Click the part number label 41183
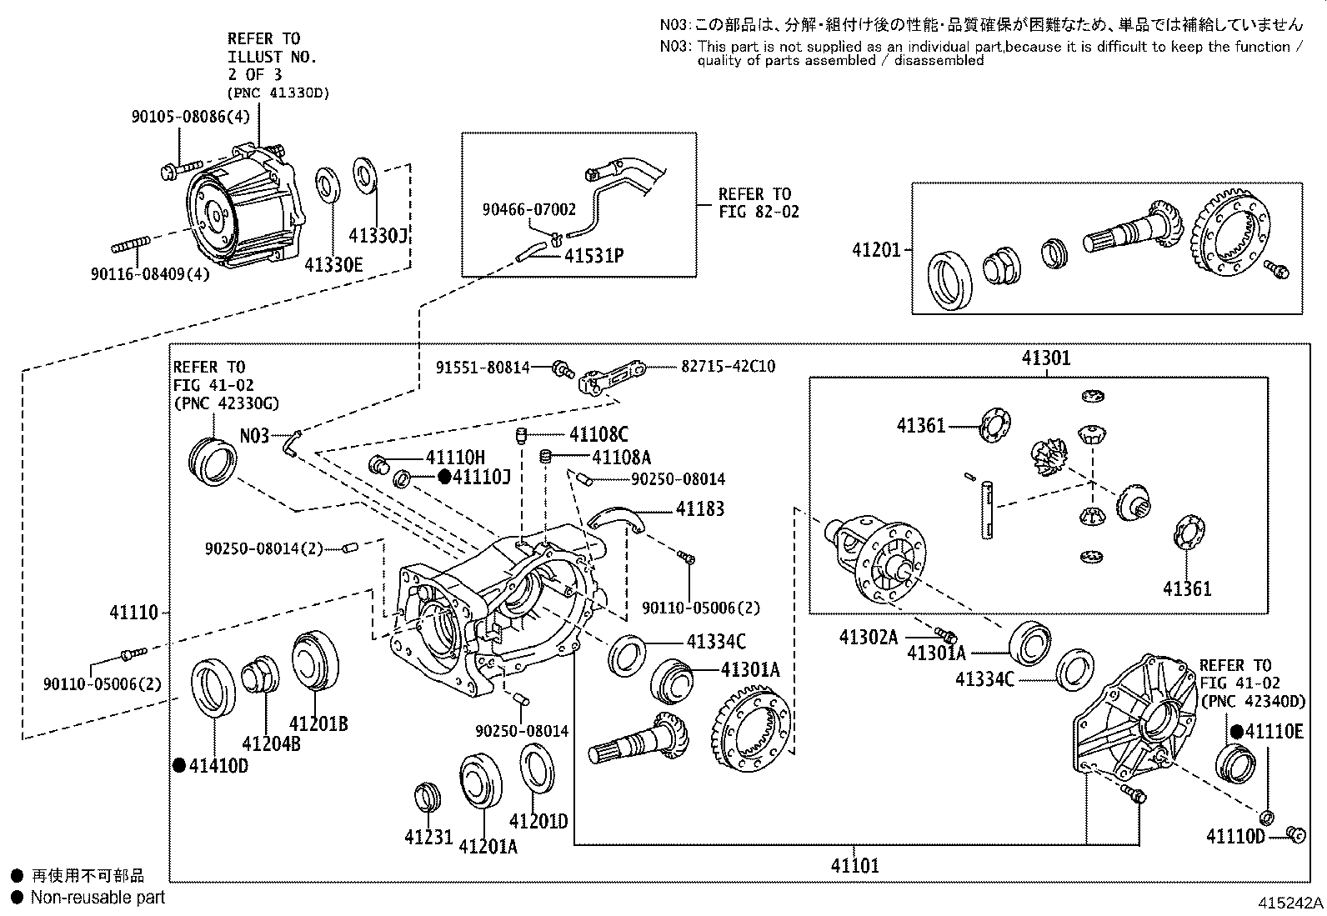coord(699,508)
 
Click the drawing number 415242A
coord(1289,903)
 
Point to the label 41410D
coord(218,765)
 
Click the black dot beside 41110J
coord(444,477)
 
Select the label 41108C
coord(598,434)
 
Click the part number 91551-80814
coord(483,366)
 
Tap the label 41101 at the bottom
coord(854,865)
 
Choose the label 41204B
coord(271,743)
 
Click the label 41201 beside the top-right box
coord(876,249)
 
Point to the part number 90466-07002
coord(528,210)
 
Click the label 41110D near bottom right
coord(1235,835)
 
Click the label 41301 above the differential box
coord(1046,358)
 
